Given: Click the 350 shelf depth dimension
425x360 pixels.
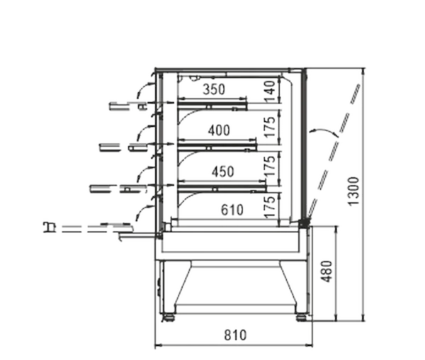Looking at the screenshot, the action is tap(214, 89).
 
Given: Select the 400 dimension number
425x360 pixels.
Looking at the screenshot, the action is tap(219, 130).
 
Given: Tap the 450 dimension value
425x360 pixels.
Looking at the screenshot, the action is tap(223, 172).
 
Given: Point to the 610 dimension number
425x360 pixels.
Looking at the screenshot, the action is tap(232, 210).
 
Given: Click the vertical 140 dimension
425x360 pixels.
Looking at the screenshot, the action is tap(270, 91).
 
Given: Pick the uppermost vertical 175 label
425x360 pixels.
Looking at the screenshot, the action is tap(270, 127).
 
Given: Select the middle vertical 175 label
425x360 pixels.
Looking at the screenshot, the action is tap(270, 167).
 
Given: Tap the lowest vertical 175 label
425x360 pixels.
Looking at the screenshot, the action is tap(270, 208).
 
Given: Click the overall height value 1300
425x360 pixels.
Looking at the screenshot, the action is tap(354, 191).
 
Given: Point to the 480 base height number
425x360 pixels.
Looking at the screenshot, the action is tap(327, 271).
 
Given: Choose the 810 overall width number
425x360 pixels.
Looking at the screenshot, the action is tap(235, 335).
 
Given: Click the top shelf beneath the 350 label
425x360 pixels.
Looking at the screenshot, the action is tap(212, 106).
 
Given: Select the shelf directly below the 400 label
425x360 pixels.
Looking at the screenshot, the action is tap(217, 147).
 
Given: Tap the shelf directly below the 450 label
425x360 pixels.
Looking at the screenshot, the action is tap(222, 188).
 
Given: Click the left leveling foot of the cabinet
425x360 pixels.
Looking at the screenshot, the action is tap(169, 317).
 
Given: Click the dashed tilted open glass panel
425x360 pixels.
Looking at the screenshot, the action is tap(334, 151).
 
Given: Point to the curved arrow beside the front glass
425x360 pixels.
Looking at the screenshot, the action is tap(323, 131).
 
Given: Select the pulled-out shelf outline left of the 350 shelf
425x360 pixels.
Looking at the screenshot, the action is tap(128, 106).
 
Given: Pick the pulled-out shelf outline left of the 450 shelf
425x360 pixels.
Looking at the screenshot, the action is tap(118, 189).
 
